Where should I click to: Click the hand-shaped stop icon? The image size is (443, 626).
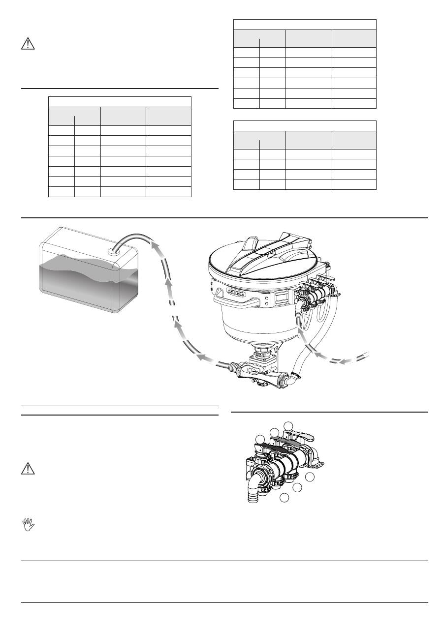pyautogui.click(x=29, y=526)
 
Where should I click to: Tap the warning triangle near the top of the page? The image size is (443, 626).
pyautogui.click(x=28, y=44)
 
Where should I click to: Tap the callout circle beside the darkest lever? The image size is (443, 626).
pyautogui.click(x=260, y=439)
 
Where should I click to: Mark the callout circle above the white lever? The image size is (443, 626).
pyautogui.click(x=288, y=425)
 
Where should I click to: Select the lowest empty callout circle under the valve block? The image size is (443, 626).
pyautogui.click(x=285, y=498)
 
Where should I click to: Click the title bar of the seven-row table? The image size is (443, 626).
pyautogui.click(x=120, y=102)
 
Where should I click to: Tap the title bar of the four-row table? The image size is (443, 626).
pyautogui.click(x=305, y=126)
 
